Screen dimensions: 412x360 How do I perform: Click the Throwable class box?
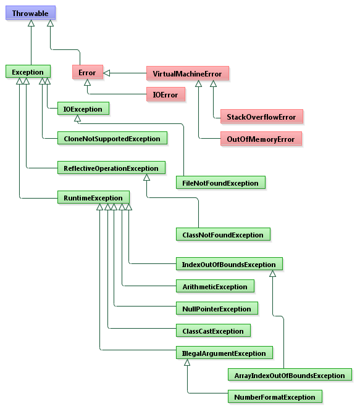(x=30, y=13)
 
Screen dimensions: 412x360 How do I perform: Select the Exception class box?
(x=28, y=73)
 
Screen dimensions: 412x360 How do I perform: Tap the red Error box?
(x=87, y=73)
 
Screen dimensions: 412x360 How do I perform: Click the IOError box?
(x=165, y=94)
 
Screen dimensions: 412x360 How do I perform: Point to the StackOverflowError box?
(x=261, y=117)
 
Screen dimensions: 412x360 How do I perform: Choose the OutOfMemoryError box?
(x=261, y=139)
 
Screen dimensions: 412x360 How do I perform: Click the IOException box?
(x=83, y=109)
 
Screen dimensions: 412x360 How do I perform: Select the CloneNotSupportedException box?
(x=112, y=139)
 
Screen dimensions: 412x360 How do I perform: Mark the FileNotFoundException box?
(x=220, y=183)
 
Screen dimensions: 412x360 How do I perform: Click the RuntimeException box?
(x=93, y=198)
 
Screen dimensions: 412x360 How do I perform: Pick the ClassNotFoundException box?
(x=223, y=234)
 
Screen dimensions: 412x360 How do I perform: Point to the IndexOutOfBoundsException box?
(x=228, y=265)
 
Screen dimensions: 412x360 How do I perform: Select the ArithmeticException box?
(x=215, y=286)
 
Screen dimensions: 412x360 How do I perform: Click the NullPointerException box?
(x=216, y=308)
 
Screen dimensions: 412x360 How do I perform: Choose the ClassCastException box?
(x=213, y=331)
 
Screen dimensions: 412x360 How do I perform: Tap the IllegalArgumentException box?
(x=224, y=353)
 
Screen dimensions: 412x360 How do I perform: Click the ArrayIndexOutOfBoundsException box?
(x=290, y=375)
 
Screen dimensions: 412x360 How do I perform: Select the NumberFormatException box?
(x=275, y=397)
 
